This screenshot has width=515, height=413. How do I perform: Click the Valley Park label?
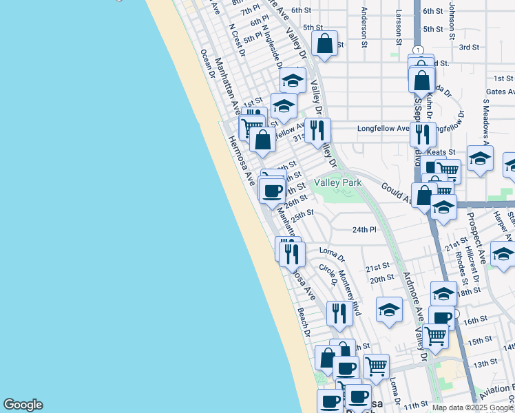click(x=338, y=182)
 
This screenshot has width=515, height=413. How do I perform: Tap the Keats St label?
click(x=441, y=151)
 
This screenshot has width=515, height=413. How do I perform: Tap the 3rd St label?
click(x=469, y=47)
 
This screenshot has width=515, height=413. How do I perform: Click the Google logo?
click(x=23, y=405)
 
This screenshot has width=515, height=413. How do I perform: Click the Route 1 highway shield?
click(x=418, y=50)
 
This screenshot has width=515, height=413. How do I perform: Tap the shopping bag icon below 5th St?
click(x=324, y=44)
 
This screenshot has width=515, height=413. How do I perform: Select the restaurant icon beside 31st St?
click(x=317, y=129)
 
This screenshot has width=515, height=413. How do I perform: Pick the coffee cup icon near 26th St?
click(x=273, y=190)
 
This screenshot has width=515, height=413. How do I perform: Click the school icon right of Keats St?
click(x=480, y=158)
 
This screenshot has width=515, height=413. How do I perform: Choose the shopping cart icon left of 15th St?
click(x=436, y=336)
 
